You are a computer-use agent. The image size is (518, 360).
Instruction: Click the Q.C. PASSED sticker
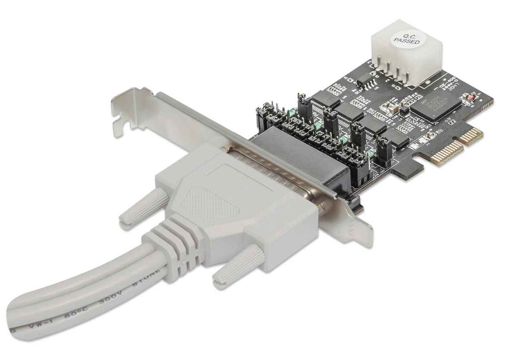407,39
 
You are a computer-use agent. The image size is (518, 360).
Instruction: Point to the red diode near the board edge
470,97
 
